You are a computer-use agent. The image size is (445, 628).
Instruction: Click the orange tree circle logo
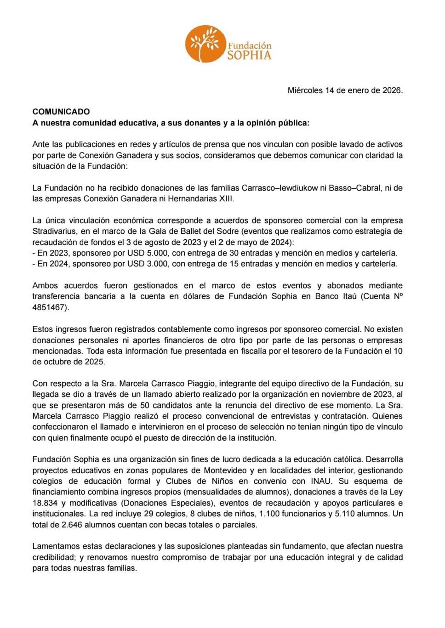pos(205,44)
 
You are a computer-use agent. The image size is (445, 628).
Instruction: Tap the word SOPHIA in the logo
pos(249,56)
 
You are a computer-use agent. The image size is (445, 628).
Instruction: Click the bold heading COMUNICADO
pos(61,112)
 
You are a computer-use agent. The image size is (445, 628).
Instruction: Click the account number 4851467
pos(49,307)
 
